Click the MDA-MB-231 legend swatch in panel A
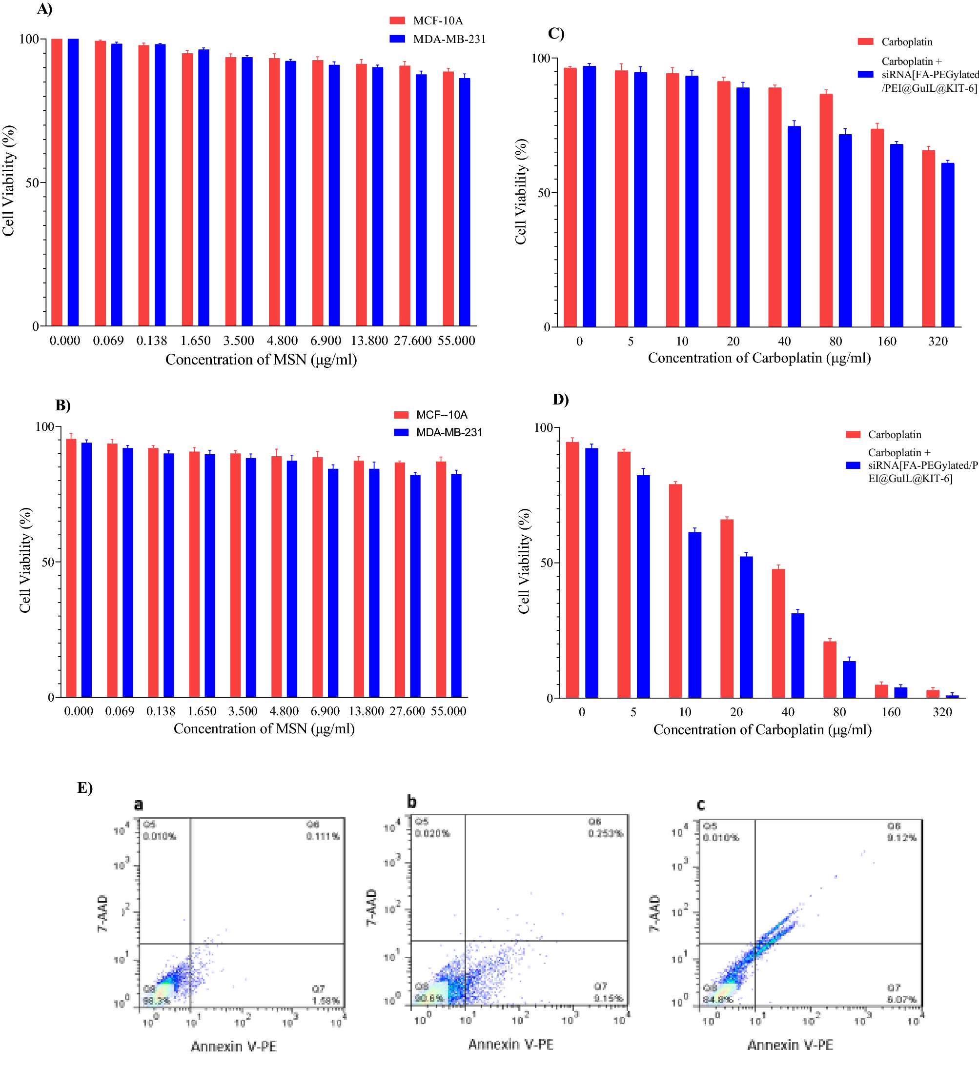(x=397, y=39)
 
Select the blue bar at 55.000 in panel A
(x=464, y=202)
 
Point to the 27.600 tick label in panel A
(x=412, y=341)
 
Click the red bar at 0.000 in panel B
(x=71, y=567)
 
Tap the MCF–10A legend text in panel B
(x=441, y=415)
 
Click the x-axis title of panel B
(x=264, y=728)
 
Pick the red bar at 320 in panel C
(x=928, y=239)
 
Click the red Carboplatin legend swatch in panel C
(x=865, y=41)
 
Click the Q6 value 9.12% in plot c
(x=901, y=837)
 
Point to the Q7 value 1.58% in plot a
(x=326, y=1001)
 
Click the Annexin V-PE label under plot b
(x=510, y=1044)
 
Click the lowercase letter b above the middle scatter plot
(x=411, y=801)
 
